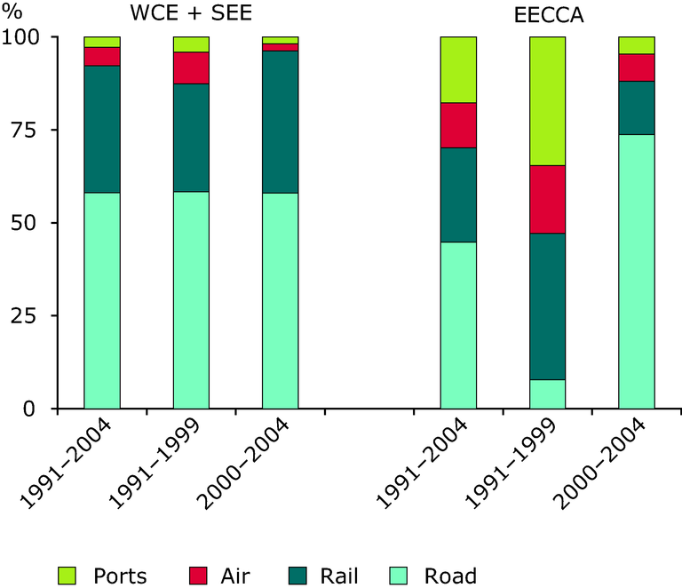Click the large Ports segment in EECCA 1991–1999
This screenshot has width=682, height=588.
coord(547,100)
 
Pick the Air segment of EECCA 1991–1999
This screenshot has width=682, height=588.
coord(547,199)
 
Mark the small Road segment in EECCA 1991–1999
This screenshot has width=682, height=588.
coord(547,393)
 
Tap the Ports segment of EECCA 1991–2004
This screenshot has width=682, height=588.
coord(458,69)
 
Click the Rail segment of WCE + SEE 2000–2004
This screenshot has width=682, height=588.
coord(280,122)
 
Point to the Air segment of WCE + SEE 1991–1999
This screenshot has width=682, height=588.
coord(191,68)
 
